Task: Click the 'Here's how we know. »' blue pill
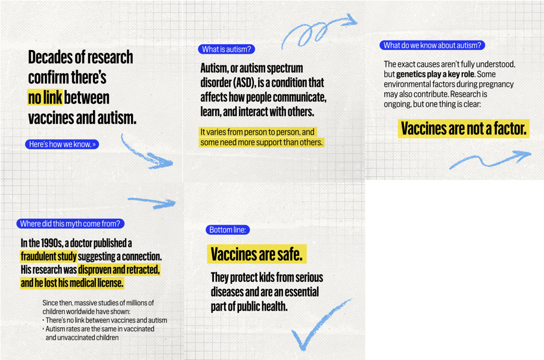coord(62,144)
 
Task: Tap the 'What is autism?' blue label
coord(226,49)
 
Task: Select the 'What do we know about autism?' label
coord(432,45)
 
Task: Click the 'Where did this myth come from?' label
coord(70,224)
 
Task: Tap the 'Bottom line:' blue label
coord(228,230)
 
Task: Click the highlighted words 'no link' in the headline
coord(45,97)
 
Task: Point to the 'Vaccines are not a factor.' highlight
coord(464,128)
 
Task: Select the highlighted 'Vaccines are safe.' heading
coord(257,255)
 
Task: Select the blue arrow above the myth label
coord(152,202)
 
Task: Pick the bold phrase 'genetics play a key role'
coord(435,75)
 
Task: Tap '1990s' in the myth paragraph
coord(45,243)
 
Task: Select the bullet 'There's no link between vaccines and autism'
coord(105,320)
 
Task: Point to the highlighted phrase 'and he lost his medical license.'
coord(72,283)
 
